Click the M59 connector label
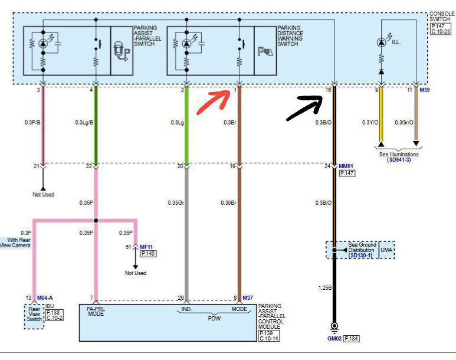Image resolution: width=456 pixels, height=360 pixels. pyautogui.click(x=425, y=90)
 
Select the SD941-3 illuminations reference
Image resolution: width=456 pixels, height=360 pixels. pyautogui.click(x=400, y=160)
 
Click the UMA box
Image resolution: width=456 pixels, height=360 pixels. pyautogui.click(x=386, y=250)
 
